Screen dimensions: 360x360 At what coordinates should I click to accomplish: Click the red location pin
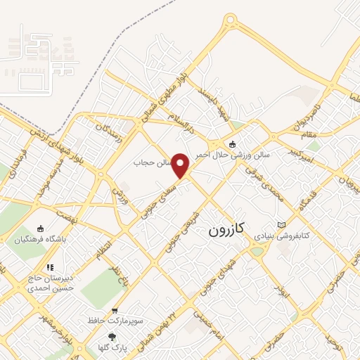click(x=181, y=165)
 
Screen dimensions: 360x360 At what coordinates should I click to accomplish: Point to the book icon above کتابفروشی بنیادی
click(x=282, y=224)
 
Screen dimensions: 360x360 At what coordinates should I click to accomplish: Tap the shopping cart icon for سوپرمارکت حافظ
click(x=114, y=310)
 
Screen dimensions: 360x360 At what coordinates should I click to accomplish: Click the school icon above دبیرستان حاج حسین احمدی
click(x=50, y=267)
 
